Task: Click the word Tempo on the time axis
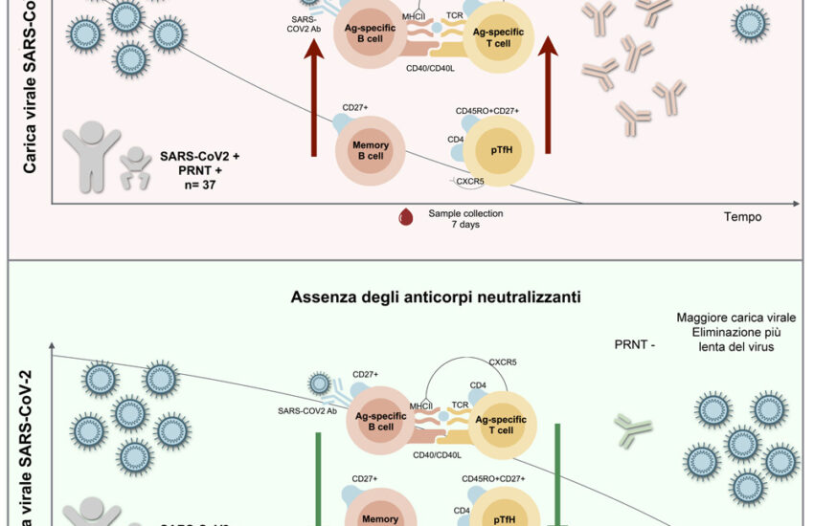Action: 742,217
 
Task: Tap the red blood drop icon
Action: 405,219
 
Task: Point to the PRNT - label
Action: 633,341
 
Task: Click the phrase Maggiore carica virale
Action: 729,318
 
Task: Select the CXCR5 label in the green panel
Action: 503,362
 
